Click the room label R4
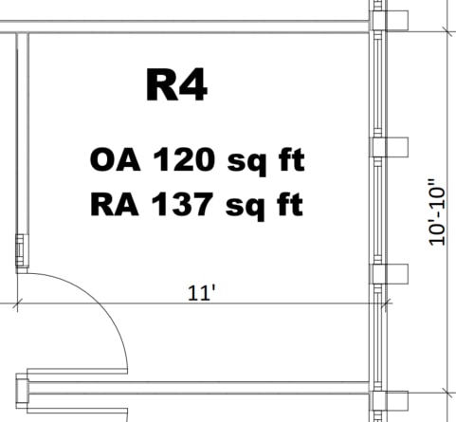[x=176, y=84]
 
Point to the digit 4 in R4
[x=192, y=84]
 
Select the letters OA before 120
[x=115, y=159]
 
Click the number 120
[x=185, y=159]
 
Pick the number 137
[x=182, y=204]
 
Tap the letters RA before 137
[x=115, y=204]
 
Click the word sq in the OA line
[x=246, y=164]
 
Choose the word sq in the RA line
[x=245, y=209]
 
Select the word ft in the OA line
[x=292, y=159]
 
